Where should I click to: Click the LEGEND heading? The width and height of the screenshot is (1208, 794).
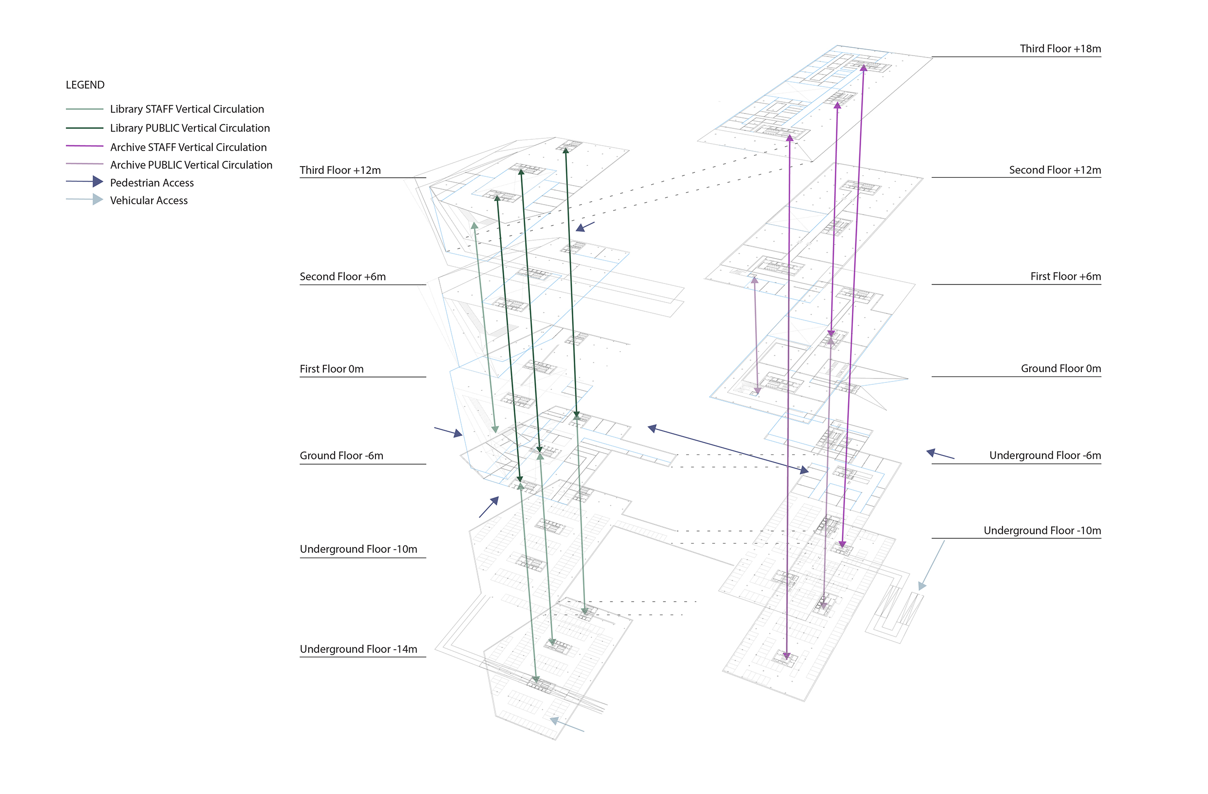point(85,85)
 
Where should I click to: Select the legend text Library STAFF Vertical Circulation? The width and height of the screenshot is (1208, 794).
point(187,109)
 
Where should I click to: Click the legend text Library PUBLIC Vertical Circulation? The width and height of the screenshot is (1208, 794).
point(190,128)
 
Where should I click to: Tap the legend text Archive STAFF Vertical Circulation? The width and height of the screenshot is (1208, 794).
point(189,147)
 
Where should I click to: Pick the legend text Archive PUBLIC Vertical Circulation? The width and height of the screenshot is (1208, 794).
point(191,165)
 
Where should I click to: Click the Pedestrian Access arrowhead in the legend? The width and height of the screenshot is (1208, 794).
point(97,182)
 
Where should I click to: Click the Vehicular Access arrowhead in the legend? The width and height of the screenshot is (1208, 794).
point(97,200)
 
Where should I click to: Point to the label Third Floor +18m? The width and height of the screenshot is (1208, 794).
point(1060,49)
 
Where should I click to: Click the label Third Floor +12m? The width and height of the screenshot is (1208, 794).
point(340,170)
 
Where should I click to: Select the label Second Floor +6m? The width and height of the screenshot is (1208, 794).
point(342,277)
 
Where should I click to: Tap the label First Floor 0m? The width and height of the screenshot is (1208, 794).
point(331,369)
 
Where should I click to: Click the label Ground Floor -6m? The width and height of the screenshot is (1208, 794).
point(341,456)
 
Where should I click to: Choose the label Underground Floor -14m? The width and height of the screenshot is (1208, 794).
point(359,649)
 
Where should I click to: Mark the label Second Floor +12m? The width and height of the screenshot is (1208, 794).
point(1054,170)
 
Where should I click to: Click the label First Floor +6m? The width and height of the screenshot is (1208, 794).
point(1065,277)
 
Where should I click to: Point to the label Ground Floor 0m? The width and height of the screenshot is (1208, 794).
point(1060,369)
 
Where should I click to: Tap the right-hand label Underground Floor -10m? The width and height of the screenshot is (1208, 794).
point(1041,531)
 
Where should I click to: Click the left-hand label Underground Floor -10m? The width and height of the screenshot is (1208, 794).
point(359,549)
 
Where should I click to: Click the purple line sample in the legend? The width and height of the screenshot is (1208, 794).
point(85,146)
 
